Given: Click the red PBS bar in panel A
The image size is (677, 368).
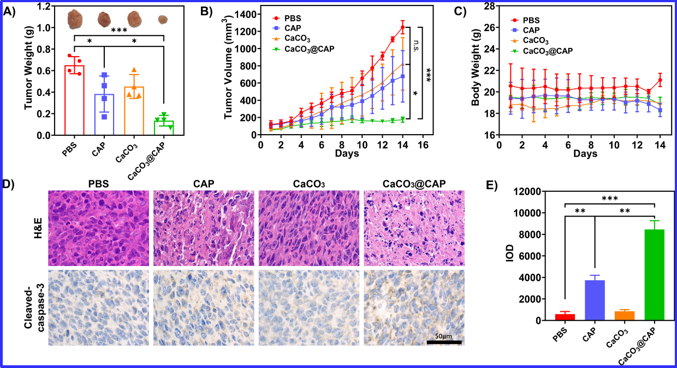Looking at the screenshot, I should coord(74,104).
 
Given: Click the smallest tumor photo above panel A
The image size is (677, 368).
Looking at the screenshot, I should coord(163,20).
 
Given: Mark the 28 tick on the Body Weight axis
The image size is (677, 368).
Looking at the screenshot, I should coord(489,6).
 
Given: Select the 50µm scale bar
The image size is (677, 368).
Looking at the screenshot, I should coord(444,341).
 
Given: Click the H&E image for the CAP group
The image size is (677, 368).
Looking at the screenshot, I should coord(203,228).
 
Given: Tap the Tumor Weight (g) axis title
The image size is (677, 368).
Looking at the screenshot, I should coord(28,70).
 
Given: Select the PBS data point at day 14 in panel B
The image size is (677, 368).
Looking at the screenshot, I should coord(403,27).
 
